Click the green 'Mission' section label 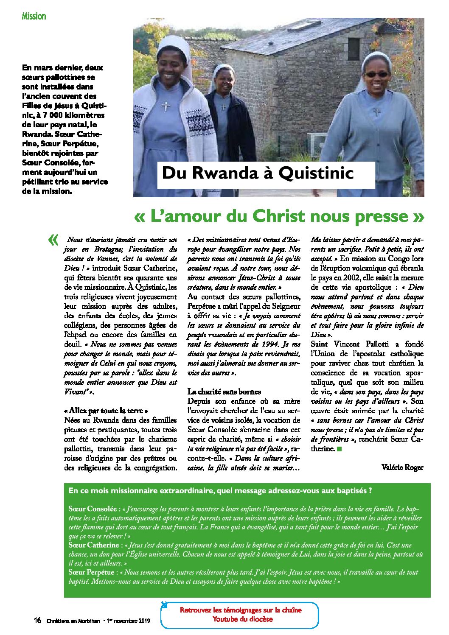[34, 16]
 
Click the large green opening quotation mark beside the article [53, 240]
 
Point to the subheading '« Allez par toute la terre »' [106, 411]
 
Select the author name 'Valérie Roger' [402, 467]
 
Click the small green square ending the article [339, 449]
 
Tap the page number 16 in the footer [37, 621]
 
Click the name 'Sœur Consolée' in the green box [93, 509]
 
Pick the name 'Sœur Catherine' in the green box [94, 545]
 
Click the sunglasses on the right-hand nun [376, 74]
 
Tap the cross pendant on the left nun [166, 105]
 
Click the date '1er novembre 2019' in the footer [129, 621]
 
